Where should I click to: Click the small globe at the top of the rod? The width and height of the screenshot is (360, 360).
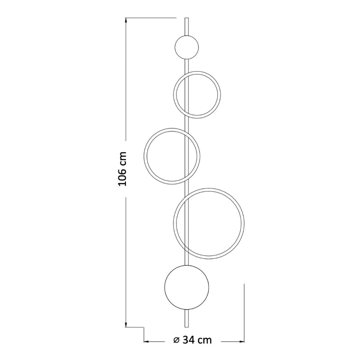[187, 47]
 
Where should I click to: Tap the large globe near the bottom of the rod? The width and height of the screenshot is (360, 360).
[187, 287]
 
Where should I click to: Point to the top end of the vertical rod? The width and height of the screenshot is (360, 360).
[187, 18]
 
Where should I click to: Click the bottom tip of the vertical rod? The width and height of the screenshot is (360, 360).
[187, 327]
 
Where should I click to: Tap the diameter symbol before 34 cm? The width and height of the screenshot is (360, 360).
[177, 340]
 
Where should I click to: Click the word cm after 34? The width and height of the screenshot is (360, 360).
[204, 340]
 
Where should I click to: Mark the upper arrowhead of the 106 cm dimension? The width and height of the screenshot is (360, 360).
[126, 21]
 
